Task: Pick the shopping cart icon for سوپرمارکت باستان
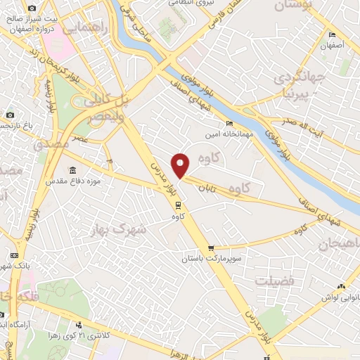click(212, 248)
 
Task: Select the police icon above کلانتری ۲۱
click(78, 325)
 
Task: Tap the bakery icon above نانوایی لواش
click(342, 287)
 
